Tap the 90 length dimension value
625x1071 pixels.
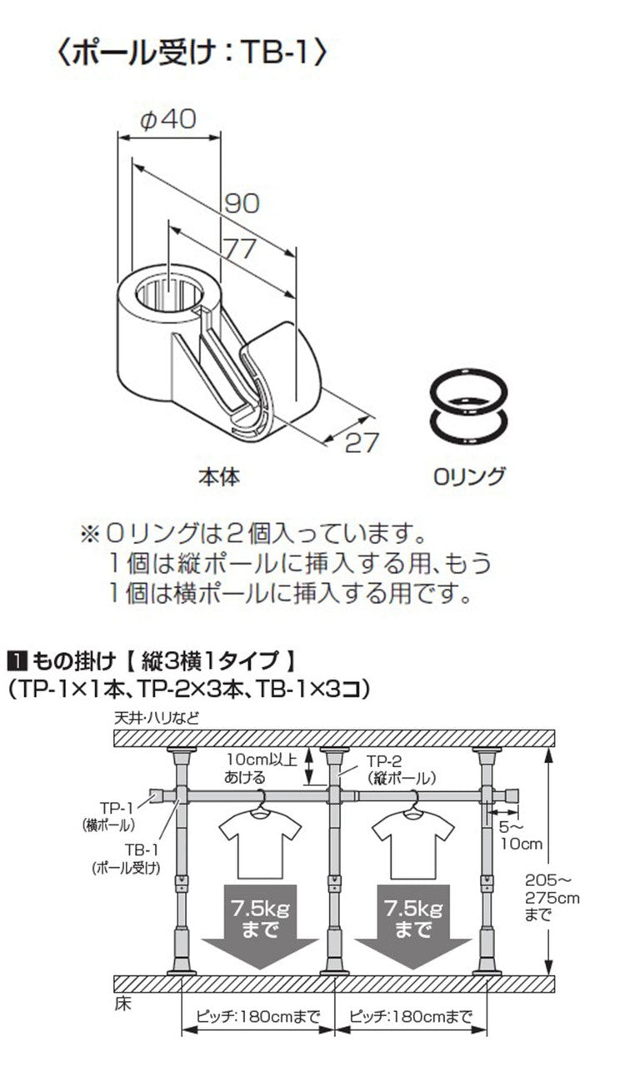[x=242, y=202]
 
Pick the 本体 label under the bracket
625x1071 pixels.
[x=218, y=478]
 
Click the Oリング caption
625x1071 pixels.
[x=469, y=477]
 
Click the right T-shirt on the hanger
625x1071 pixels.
[x=413, y=843]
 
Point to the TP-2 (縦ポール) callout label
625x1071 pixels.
[x=402, y=770]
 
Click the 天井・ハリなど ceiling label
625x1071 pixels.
[x=159, y=717]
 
